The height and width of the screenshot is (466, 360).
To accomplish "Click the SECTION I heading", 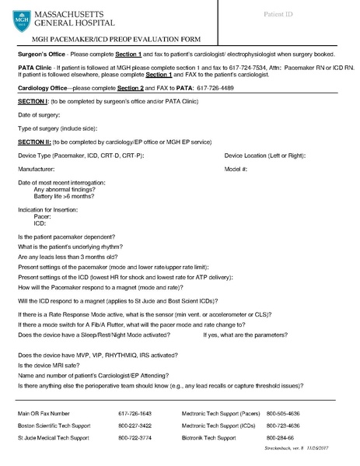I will click(x=32, y=102).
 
